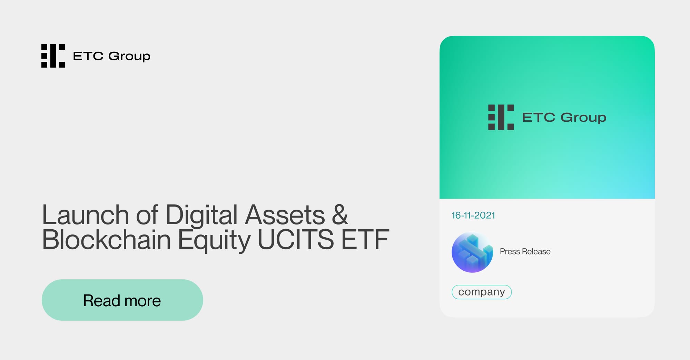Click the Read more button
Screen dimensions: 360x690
[122, 300]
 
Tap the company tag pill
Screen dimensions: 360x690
[482, 292]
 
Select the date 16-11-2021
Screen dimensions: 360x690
[473, 216]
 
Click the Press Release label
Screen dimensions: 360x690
[525, 252]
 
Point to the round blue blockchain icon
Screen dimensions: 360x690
[472, 252]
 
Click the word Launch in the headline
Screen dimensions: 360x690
[85, 215]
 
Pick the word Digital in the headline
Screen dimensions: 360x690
[201, 215]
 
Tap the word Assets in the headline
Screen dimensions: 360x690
[285, 215]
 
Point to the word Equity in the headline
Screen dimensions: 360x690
[214, 240]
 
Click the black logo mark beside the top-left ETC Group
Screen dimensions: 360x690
[53, 56]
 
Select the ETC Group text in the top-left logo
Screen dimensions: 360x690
[112, 56]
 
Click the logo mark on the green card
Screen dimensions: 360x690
[501, 117]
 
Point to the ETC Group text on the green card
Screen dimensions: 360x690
[564, 118]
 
